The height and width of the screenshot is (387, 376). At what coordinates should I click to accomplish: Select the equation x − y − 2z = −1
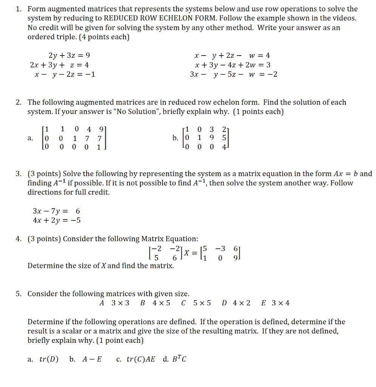(65, 74)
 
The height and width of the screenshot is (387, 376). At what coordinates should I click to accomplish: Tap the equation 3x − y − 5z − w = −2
(234, 74)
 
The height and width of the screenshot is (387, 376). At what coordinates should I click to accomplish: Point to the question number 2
(19, 102)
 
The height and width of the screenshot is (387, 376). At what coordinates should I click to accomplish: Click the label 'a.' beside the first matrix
(31, 138)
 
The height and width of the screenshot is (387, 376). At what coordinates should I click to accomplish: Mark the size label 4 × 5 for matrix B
(161, 303)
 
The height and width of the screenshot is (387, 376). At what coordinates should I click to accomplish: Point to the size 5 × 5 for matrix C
(202, 303)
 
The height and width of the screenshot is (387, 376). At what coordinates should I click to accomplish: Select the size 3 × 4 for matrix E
(280, 303)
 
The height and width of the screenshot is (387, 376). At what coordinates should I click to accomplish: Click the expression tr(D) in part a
(49, 359)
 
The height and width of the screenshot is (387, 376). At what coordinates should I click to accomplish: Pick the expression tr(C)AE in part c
(140, 359)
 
